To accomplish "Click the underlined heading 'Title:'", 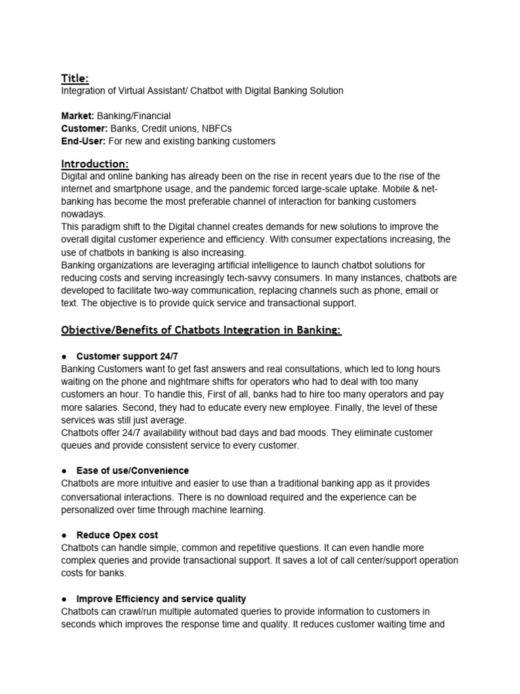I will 74,79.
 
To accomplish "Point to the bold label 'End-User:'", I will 84,141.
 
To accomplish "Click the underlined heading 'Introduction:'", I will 95,164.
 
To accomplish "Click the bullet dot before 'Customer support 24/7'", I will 64,356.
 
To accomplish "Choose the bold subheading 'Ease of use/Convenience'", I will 132,470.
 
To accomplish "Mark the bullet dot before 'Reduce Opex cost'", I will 64,535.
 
